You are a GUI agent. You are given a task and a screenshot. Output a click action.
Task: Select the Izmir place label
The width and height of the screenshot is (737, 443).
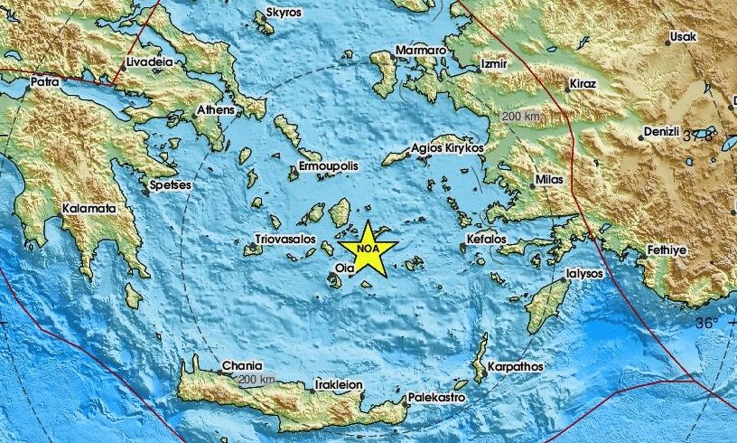tap(496, 64)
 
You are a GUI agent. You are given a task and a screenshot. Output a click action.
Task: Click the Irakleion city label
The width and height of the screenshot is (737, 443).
tap(338, 384)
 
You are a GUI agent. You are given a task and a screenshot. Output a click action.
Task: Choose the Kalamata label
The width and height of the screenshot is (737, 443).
tap(89, 209)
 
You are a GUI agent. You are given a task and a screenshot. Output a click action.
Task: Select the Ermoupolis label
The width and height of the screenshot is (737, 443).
tap(330, 167)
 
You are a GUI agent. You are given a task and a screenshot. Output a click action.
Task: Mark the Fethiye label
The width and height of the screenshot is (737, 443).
tap(668, 249)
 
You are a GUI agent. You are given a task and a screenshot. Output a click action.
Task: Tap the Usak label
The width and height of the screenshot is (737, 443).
tap(681, 39)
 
